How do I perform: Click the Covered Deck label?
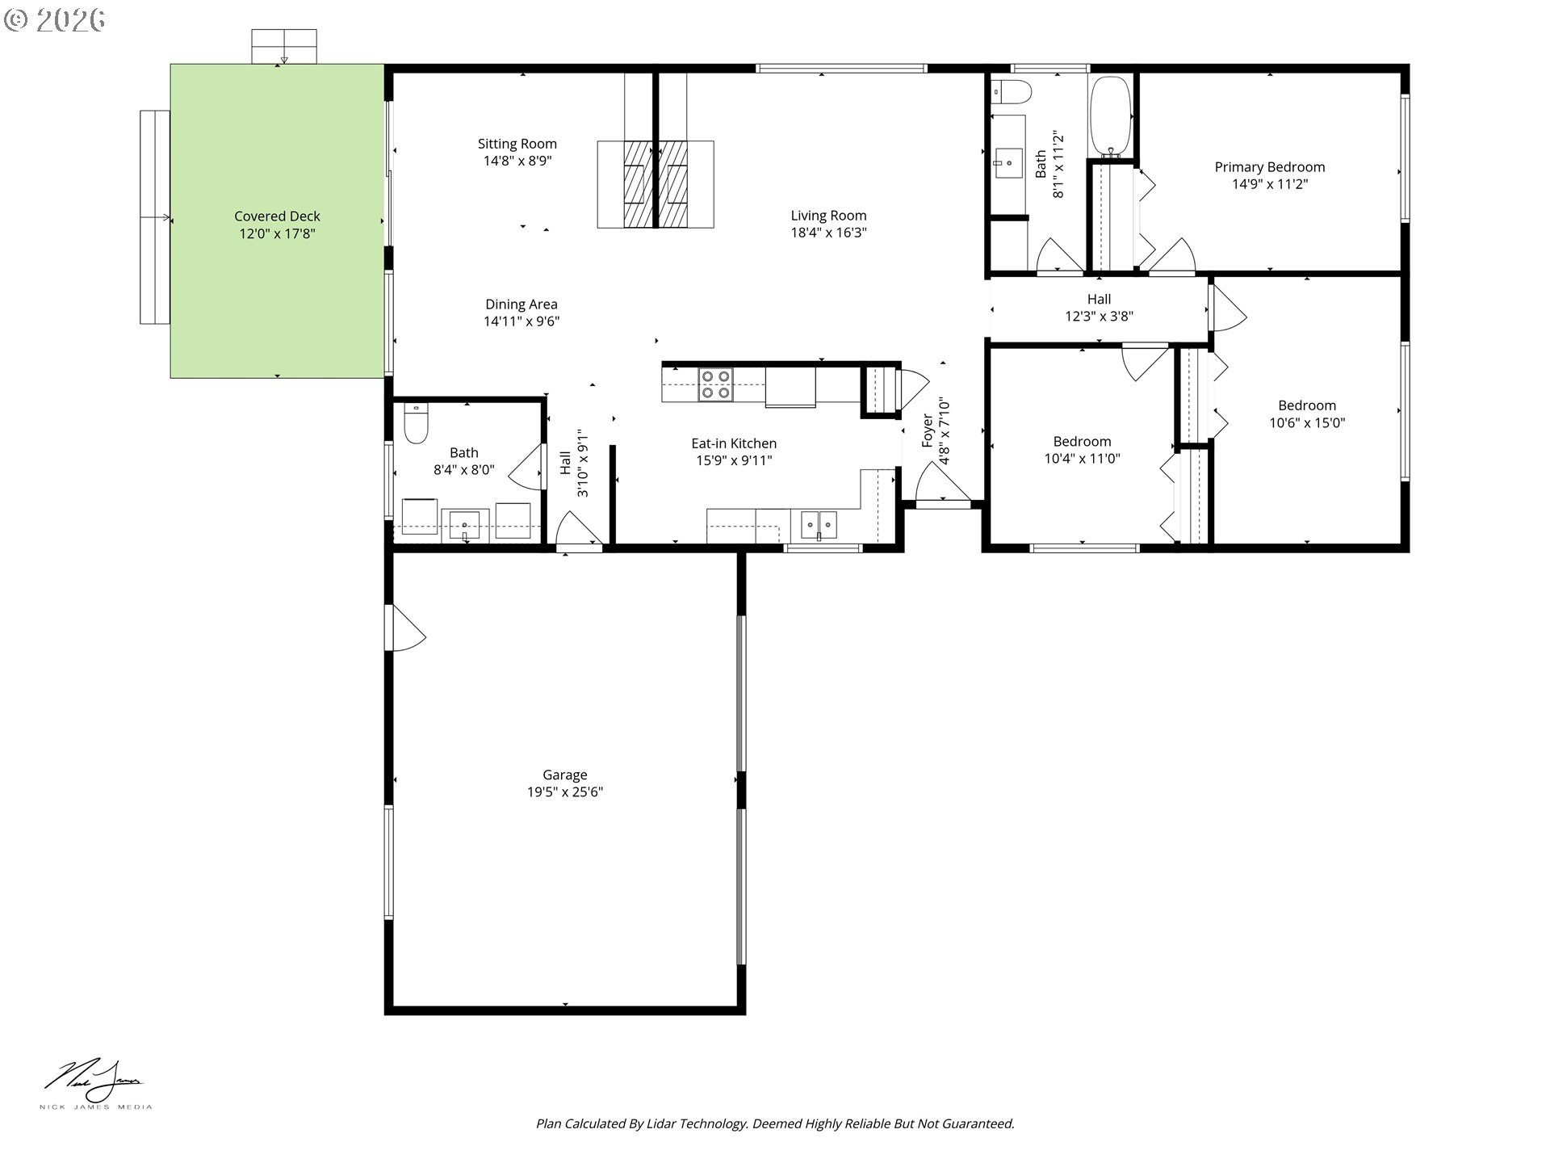277,216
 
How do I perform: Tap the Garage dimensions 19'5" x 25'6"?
564,792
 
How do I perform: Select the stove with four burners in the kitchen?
715,384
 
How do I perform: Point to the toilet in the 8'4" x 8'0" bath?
416,426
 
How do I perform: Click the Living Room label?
828,216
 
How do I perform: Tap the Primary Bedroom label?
1269,167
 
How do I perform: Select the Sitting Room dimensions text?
517,161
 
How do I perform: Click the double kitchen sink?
819,525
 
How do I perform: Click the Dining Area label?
521,304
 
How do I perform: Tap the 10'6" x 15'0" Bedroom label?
1306,405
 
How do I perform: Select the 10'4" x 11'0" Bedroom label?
1082,442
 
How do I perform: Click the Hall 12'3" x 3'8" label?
1099,300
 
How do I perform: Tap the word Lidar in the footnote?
662,1123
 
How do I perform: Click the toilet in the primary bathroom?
1011,93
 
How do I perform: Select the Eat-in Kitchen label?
734,443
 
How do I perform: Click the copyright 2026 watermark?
54,19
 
